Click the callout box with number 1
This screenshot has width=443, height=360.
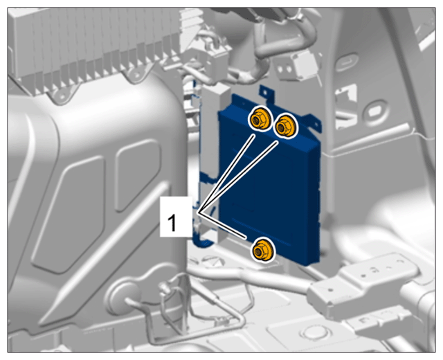click(x=176, y=217)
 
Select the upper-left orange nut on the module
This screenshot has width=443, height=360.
click(x=259, y=119)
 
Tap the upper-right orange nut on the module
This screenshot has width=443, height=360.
click(x=286, y=126)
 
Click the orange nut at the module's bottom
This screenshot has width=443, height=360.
click(x=263, y=249)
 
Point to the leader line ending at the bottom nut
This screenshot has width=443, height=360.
click(x=222, y=225)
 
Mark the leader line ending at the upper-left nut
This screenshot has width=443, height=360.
click(x=226, y=174)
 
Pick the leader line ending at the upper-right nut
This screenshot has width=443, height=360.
click(x=238, y=177)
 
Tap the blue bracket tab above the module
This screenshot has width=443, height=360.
click(x=266, y=93)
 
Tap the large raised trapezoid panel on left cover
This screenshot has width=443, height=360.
click(x=70, y=215)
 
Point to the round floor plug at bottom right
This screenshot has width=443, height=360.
click(x=314, y=333)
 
